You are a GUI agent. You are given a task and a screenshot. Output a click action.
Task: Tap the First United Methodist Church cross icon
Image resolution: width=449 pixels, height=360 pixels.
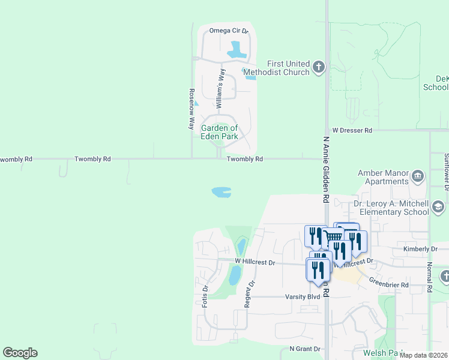319,67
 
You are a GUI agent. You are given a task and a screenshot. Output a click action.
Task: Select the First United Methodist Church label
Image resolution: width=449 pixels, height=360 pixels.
288,68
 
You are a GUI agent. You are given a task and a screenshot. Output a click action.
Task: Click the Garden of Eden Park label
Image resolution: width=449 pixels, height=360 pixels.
220,132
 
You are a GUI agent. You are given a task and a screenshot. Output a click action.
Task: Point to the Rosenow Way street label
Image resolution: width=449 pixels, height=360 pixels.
192,109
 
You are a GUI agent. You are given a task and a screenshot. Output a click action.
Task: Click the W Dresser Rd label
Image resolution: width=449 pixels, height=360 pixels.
352,130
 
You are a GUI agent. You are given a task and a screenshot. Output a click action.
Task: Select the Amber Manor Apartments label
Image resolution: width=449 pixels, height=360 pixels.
383,177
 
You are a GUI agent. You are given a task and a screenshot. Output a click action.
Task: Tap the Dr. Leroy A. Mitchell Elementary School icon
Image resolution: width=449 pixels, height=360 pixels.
438,208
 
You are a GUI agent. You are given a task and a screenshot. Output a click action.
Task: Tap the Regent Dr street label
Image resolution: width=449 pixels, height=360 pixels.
247,294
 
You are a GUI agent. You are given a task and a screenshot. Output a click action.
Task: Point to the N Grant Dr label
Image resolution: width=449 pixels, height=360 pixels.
305,349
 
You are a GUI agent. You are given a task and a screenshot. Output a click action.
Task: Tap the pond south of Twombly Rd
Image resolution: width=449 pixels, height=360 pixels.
221,192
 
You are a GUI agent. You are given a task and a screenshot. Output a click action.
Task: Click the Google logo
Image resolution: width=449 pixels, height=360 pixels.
20,353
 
